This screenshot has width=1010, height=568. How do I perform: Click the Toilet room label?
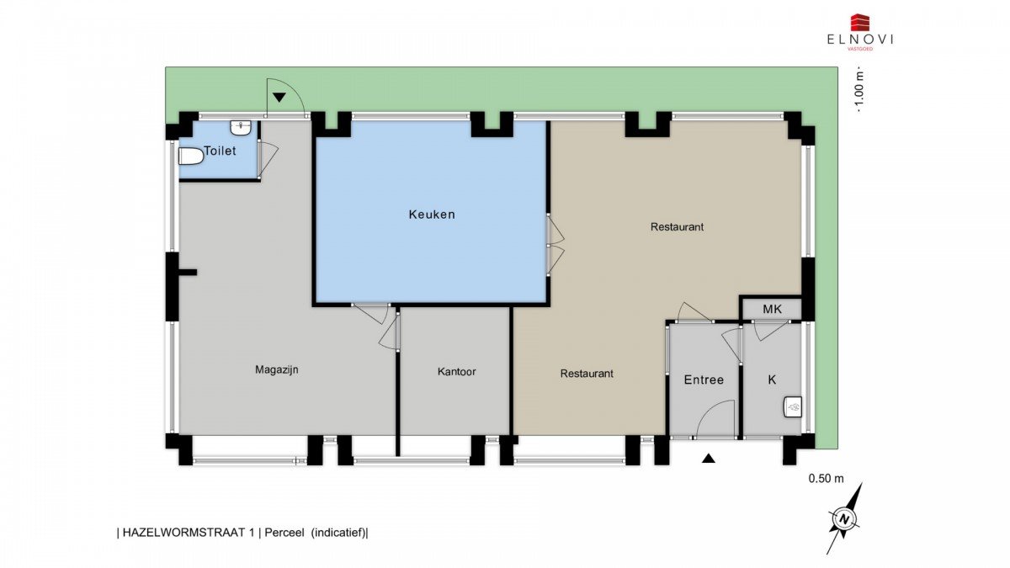(x=220, y=151)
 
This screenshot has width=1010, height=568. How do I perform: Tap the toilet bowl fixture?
(x=191, y=157)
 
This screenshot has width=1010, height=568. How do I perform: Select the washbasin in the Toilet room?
(x=241, y=127)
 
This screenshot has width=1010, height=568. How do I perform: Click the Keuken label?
(x=432, y=215)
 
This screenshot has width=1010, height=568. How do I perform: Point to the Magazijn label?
(x=277, y=370)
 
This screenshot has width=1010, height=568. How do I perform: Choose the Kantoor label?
(x=457, y=371)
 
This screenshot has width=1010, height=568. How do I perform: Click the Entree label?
(x=704, y=380)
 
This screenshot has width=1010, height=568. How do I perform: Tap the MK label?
(x=773, y=310)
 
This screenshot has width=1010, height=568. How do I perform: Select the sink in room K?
(x=793, y=406)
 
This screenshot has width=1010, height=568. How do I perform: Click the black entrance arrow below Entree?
(x=709, y=459)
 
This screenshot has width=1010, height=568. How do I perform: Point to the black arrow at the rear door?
(x=279, y=97)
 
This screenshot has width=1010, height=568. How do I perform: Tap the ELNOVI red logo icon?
(x=860, y=23)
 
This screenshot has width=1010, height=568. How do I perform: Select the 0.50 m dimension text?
(x=826, y=479)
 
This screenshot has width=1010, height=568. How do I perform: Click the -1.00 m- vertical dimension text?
(x=860, y=92)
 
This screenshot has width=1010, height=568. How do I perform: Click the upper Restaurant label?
(x=677, y=226)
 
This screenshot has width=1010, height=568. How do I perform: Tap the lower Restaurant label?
(x=587, y=374)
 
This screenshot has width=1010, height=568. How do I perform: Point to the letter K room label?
(x=772, y=380)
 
